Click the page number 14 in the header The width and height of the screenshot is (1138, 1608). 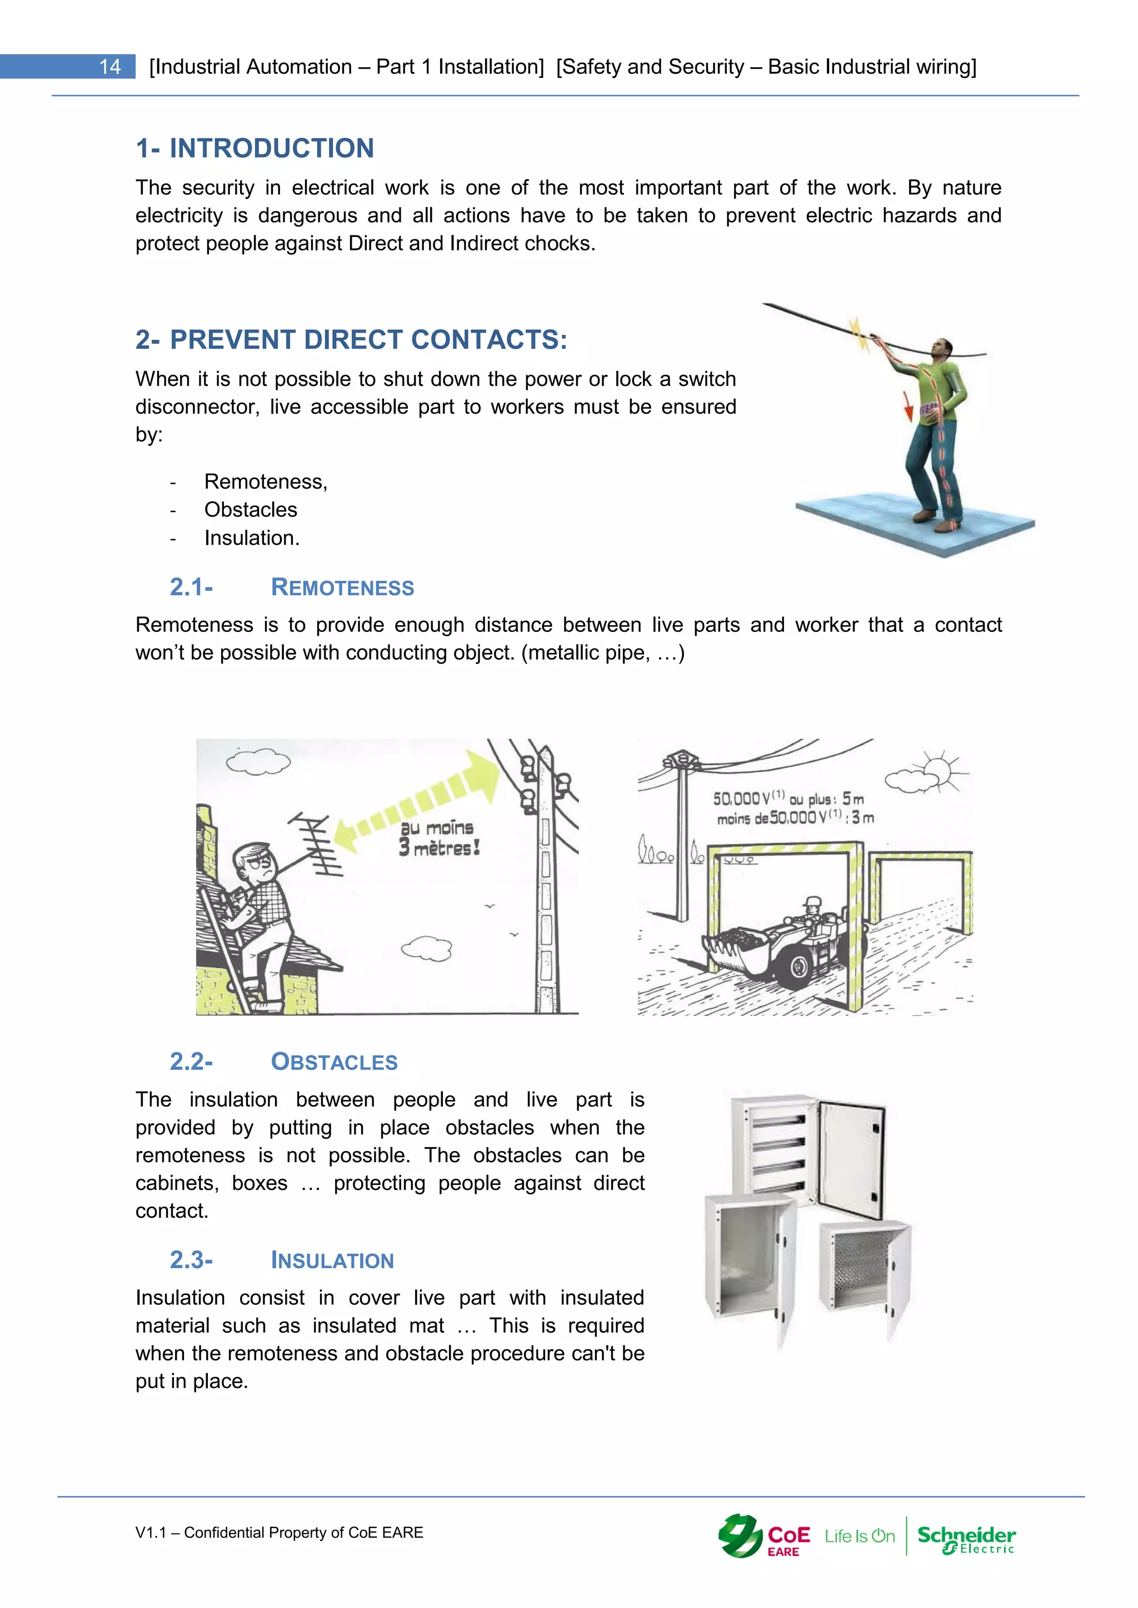point(110,67)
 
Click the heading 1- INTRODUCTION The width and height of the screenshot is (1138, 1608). point(254,148)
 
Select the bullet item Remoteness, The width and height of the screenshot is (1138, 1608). point(266,482)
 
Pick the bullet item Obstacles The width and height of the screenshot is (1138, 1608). point(250,510)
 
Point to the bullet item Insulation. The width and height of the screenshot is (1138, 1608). point(252,538)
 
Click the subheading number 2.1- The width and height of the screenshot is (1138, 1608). point(191,587)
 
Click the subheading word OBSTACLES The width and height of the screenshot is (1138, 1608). point(335,1062)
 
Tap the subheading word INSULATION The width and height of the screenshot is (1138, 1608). point(332,1260)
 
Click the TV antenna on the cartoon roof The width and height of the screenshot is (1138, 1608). point(320,843)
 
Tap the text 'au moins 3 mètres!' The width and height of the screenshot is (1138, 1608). point(438,838)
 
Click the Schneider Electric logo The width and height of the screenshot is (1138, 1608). point(966,1538)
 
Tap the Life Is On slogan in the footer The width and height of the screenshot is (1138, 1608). point(859,1536)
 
